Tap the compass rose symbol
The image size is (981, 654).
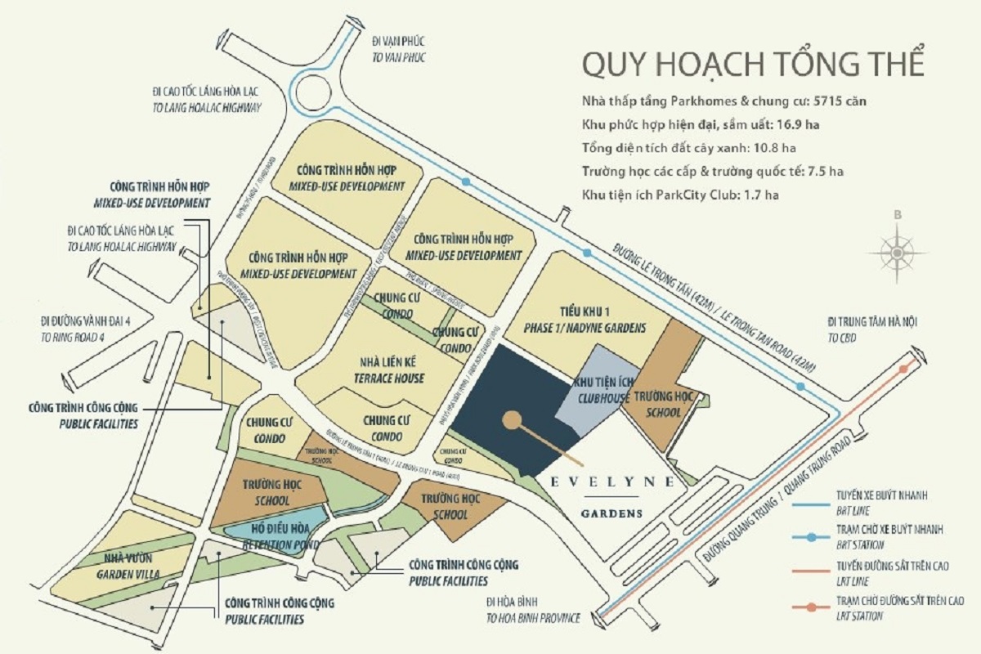pyautogui.click(x=898, y=253)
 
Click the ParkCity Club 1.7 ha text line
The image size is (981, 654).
pyautogui.click(x=680, y=195)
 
